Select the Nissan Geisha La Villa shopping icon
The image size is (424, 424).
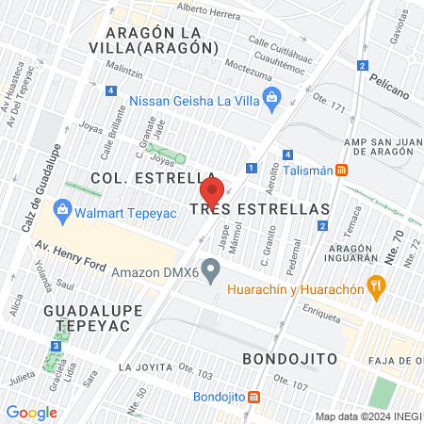point(271,96)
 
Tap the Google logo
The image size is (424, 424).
point(31,413)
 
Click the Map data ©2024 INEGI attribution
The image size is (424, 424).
point(367,416)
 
